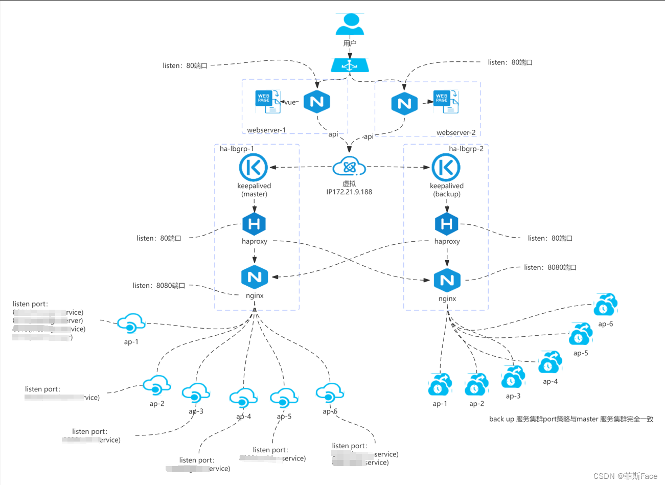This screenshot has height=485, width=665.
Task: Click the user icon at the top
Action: tap(350, 25)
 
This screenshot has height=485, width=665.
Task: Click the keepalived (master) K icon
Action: tap(254, 167)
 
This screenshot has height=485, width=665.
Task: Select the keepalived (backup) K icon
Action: tap(446, 167)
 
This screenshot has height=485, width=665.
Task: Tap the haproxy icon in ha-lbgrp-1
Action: tap(254, 224)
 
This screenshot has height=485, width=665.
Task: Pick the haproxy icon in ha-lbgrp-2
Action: tap(446, 224)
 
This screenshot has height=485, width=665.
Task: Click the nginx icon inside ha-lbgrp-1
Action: tap(255, 277)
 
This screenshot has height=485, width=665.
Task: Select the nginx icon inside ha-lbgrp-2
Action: tap(447, 280)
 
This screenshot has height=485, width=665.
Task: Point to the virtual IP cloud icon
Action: tap(349, 167)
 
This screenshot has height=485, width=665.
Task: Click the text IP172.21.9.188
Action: tap(349, 192)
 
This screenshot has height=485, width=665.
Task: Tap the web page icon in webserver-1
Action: tap(268, 101)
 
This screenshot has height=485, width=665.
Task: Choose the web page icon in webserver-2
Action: tap(446, 102)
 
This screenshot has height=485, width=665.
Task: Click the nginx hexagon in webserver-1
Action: tap(316, 102)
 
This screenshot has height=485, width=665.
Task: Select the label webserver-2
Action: tap(456, 133)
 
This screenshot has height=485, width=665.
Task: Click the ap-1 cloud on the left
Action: tap(131, 324)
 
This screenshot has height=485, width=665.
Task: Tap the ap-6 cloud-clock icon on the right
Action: tap(605, 306)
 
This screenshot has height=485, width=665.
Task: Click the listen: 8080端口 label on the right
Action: tap(550, 267)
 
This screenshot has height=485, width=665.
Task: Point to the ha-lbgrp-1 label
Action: tap(237, 149)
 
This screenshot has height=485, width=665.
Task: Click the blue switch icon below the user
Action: tap(350, 65)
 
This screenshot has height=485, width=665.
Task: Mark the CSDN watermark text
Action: tap(625, 476)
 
